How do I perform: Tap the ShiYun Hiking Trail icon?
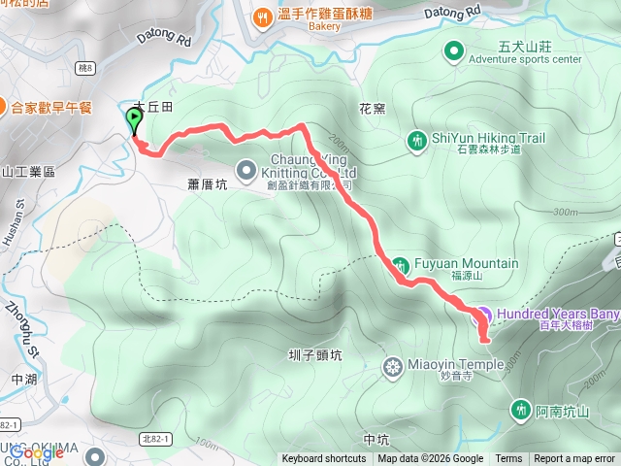tap(417, 142)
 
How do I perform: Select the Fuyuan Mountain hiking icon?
tap(400, 264)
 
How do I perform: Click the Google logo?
tap(37, 452)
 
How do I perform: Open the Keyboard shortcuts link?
tap(324, 459)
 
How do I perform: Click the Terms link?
tap(508, 459)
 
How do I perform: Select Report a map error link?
tap(575, 459)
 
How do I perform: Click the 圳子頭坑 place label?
tap(315, 355)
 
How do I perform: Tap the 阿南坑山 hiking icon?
tap(521, 411)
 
